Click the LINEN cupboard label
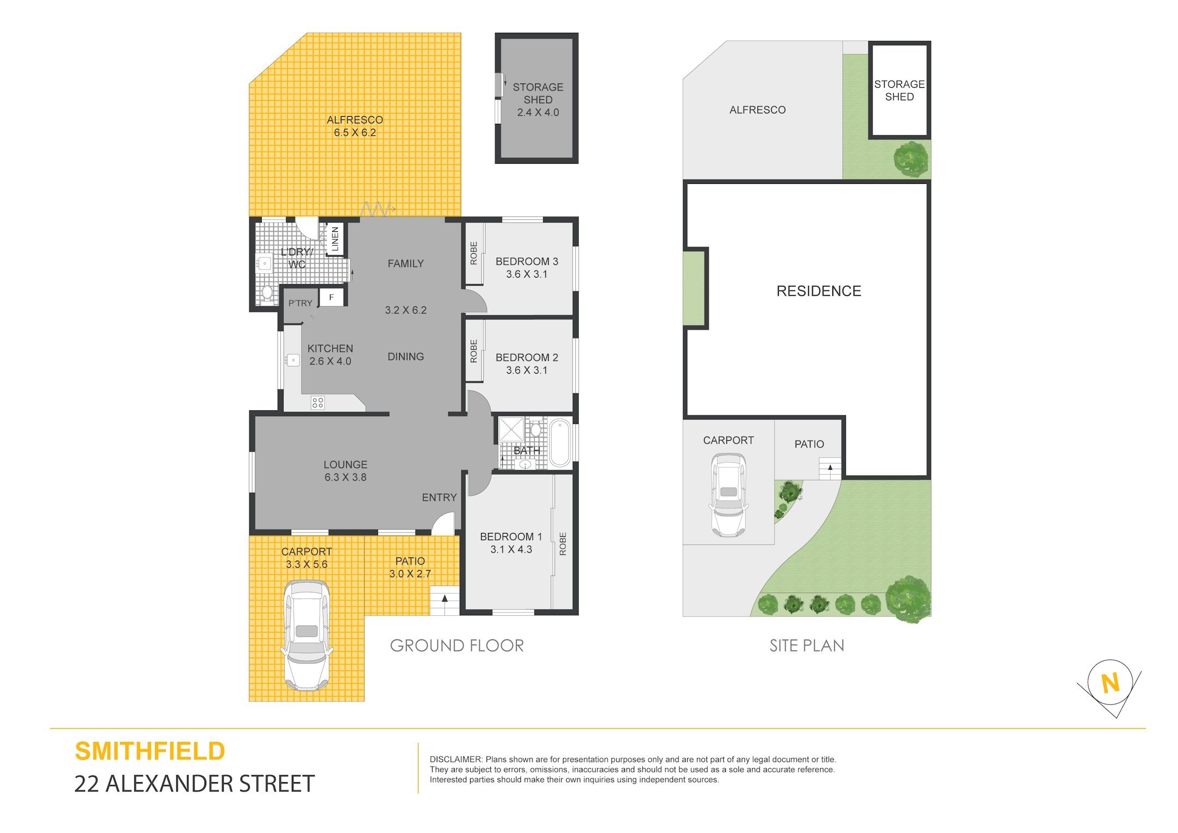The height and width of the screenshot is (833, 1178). [335, 239]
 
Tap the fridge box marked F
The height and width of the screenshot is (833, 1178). [332, 297]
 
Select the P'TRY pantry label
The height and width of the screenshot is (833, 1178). [300, 303]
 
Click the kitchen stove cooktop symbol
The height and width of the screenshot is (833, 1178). [317, 403]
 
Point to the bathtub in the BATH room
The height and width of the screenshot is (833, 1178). [560, 442]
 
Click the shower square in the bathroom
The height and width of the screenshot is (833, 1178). [511, 429]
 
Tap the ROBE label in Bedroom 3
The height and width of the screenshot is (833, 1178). [473, 253]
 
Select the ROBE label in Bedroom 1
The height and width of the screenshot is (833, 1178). [563, 544]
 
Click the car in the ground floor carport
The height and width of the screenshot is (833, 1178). [306, 636]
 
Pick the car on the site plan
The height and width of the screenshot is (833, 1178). [729, 495]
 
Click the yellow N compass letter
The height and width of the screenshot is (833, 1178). [1110, 683]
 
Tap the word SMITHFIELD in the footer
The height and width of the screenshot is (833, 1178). [150, 751]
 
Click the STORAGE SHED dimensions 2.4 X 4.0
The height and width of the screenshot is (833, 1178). [538, 112]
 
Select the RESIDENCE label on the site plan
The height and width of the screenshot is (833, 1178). [819, 291]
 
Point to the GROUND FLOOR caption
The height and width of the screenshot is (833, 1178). [457, 645]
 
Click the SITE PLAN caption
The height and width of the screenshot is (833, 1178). [807, 645]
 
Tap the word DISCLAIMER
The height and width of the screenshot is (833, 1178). [456, 759]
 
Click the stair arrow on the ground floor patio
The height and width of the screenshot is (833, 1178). [445, 599]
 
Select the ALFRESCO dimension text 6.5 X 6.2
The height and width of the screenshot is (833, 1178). [355, 133]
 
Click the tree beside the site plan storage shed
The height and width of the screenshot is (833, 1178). [911, 159]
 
